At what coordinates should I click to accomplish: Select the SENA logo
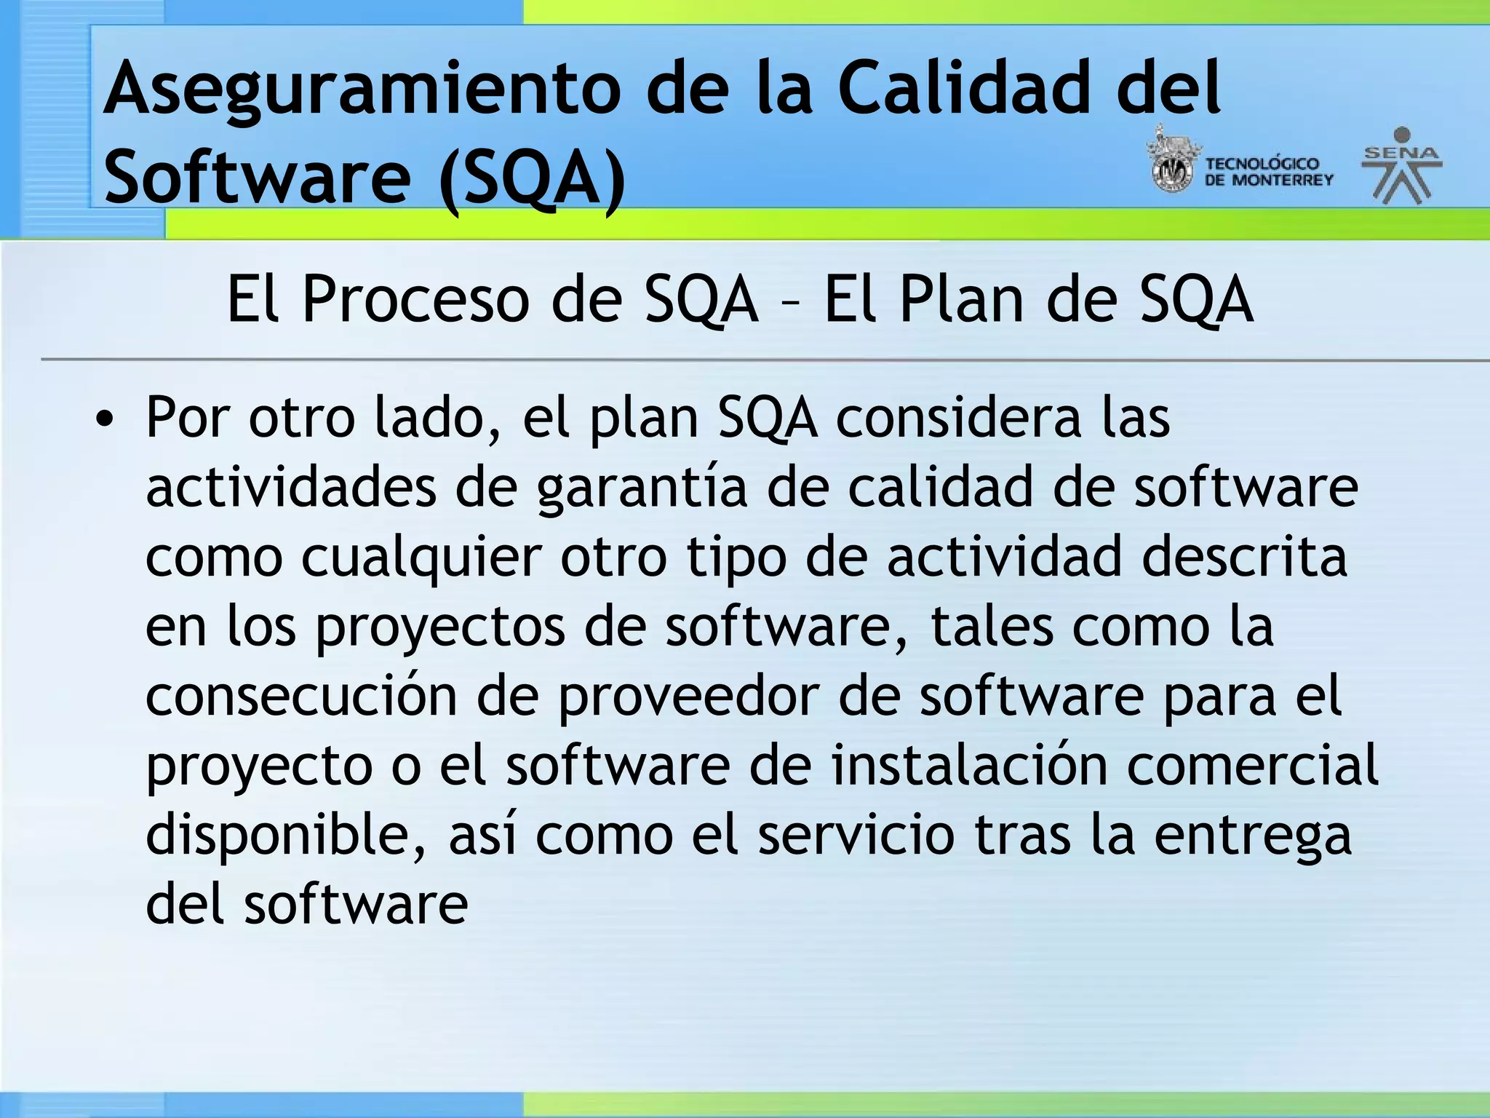1401,166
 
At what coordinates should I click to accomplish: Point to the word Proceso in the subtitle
415,299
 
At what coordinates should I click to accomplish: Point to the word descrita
1244,557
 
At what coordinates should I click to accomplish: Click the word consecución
301,696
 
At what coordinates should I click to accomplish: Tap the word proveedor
688,697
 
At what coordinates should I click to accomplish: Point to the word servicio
856,835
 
